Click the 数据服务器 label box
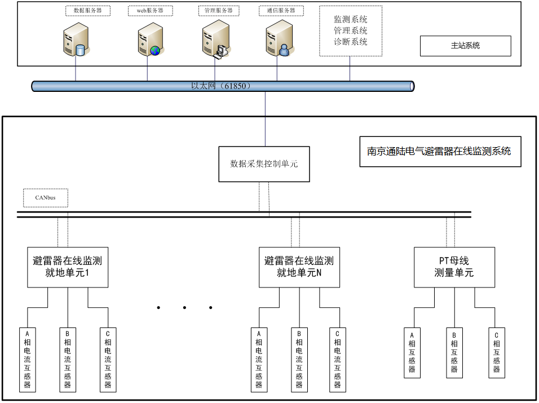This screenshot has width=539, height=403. tap(88, 11)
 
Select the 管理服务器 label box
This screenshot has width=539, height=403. tap(215, 11)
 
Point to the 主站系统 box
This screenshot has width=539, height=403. tap(465, 46)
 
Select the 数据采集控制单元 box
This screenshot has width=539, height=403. tap(264, 164)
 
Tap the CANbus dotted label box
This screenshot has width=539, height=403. tap(46, 198)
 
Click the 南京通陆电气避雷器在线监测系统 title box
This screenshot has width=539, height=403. tap(440, 151)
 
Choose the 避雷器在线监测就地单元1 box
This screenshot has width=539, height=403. tap(68, 267)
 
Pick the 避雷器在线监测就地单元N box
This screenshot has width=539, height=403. tap(299, 267)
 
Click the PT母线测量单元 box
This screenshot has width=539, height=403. tap(454, 267)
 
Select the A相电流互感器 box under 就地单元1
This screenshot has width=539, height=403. tap(27, 360)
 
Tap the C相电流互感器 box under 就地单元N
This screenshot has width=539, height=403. tap(337, 360)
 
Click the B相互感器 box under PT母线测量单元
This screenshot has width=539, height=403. tap(454, 352)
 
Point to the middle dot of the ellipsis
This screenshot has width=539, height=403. tap(184, 308)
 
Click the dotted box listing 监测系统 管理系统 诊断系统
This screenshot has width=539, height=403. tap(350, 31)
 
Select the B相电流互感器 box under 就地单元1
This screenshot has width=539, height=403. tap(68, 360)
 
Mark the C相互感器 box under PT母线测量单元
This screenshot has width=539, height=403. tap(496, 352)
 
